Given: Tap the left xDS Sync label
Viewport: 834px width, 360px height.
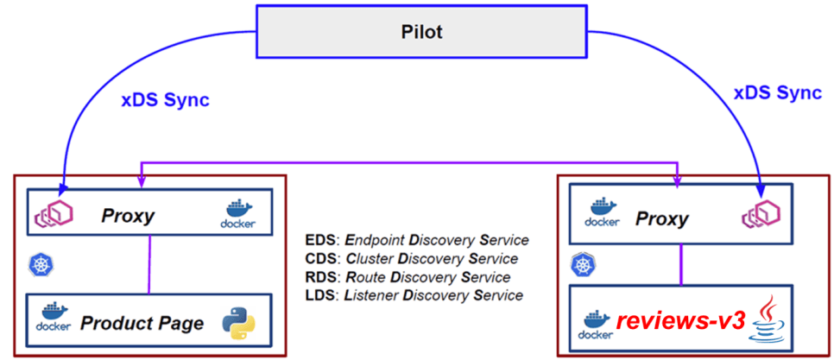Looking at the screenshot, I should click(x=165, y=100).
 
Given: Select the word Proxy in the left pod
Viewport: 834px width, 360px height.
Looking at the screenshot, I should click(x=127, y=215).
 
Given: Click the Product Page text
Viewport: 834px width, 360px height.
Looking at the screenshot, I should click(x=142, y=324).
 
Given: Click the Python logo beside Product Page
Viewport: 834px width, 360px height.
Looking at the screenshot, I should click(x=238, y=321).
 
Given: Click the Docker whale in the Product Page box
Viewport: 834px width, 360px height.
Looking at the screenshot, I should click(x=54, y=318).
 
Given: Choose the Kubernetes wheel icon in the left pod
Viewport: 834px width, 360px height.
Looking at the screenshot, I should click(x=39, y=264).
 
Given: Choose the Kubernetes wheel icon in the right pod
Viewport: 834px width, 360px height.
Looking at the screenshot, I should click(x=580, y=264).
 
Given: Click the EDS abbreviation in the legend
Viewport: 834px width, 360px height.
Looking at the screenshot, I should click(x=319, y=240).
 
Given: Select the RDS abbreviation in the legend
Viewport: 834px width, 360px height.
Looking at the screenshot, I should click(x=319, y=277).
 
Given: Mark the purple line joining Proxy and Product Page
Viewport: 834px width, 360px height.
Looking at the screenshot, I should click(x=151, y=262).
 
